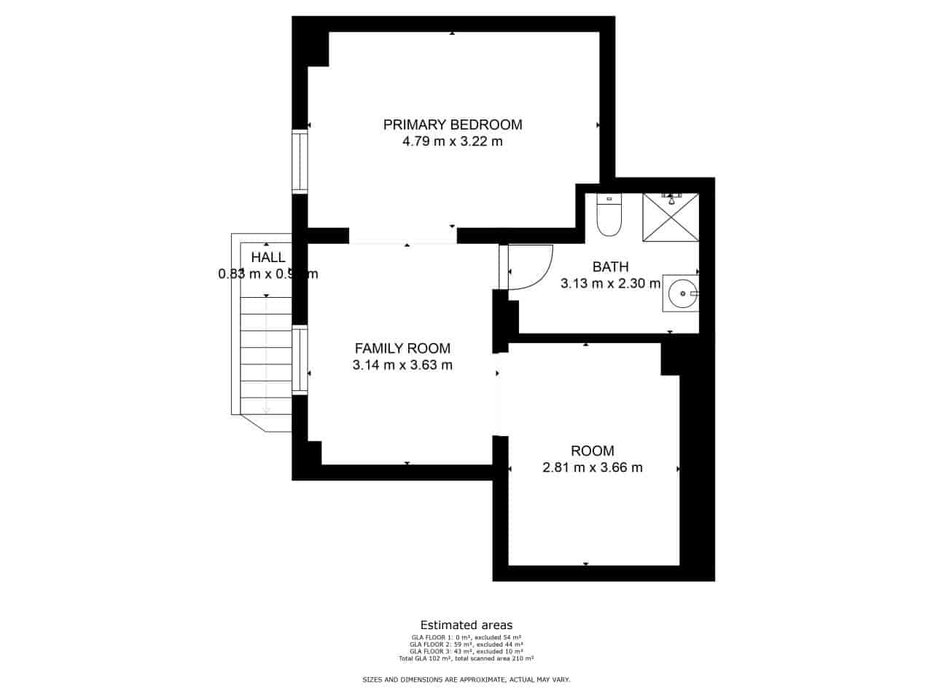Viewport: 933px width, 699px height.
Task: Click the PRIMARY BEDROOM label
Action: coord(453,125)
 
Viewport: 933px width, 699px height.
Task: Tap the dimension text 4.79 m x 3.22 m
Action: coord(453,141)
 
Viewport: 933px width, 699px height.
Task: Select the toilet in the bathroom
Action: coord(608,216)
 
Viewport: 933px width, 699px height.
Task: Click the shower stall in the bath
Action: coord(670,217)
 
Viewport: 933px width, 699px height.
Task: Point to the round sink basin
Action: coord(683,293)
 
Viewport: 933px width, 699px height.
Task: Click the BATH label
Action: coord(610,267)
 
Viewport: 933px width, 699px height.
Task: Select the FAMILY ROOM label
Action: coord(402,348)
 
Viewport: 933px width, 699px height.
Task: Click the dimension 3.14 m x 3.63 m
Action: coord(402,365)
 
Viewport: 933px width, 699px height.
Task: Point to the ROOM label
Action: coord(593,451)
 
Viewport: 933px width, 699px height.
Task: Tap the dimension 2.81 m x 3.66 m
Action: coord(593,467)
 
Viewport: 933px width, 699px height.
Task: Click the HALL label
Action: coord(268,257)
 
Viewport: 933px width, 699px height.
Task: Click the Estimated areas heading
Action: coord(466,625)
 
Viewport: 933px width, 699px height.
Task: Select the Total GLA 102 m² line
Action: coord(466,658)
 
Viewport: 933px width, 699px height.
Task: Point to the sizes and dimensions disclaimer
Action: coord(466,679)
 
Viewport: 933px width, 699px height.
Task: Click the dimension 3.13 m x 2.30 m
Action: coord(610,284)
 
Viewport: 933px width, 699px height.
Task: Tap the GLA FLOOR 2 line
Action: coord(466,644)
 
